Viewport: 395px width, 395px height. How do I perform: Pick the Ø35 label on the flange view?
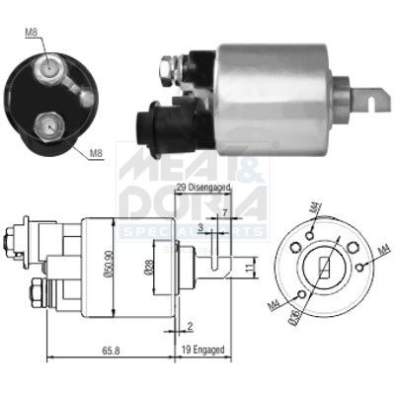coord(293,317)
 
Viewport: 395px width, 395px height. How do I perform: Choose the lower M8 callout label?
coord(96,153)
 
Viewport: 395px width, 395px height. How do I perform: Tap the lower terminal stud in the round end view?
coord(46,122)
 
